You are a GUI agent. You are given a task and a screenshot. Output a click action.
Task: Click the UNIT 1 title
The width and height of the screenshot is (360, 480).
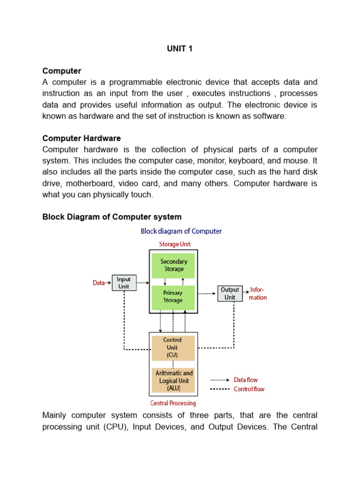pos(180,48)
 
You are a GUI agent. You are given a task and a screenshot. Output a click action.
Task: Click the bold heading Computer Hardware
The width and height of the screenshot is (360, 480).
pos(82,138)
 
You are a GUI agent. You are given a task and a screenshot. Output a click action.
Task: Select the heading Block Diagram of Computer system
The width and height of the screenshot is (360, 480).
pos(112,217)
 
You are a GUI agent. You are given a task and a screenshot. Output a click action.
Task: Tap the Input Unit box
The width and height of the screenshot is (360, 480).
pos(124,283)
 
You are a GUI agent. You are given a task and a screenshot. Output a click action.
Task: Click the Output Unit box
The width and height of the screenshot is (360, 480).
pos(230,293)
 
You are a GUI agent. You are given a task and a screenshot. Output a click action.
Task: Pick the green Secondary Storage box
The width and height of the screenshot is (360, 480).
pos(173,265)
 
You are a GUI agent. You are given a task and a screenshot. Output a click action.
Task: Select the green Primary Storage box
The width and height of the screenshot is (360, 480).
pos(173,297)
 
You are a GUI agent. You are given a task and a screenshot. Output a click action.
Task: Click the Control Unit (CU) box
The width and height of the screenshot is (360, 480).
pos(172,347)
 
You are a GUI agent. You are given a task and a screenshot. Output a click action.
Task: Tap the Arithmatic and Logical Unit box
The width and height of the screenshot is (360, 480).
pos(174,381)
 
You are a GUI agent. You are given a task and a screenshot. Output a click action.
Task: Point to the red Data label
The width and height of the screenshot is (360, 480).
pos(98,283)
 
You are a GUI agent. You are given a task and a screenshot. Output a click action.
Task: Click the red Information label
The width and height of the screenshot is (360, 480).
pos(258,293)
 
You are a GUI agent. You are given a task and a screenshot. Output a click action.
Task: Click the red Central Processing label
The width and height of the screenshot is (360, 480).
pos(173,403)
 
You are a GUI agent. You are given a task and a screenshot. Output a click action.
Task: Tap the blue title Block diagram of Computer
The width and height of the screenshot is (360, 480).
pos(181,231)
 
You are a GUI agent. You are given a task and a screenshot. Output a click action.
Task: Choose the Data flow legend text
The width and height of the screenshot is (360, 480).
pos(246,380)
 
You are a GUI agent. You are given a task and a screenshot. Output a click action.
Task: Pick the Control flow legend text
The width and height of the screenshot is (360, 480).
pos(249,389)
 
